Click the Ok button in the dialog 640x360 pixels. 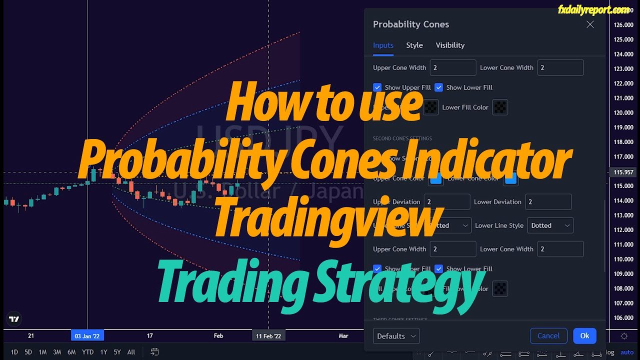tap(584, 336)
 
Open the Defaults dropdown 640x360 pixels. tap(396, 336)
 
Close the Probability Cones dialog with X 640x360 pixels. tap(590, 24)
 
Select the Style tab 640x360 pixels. tap(414, 45)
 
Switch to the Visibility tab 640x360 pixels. tap(450, 45)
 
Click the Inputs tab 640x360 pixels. tap(383, 45)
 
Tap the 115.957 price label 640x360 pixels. tap(623, 172)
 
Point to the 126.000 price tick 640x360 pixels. tap(623, 25)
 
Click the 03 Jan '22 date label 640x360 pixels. tap(87, 336)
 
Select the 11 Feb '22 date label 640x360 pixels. tap(268, 336)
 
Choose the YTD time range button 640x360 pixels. tap(88, 352)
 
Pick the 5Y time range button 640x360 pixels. tap(117, 352)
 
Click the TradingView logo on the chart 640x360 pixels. tap(14, 319)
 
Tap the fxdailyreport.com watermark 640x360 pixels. tap(593, 9)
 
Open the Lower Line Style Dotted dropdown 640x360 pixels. tap(550, 225)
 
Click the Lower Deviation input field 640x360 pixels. tap(548, 202)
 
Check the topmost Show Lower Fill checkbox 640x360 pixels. tap(439, 87)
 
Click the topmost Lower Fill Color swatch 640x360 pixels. tap(500, 107)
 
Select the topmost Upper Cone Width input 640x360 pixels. tap(452, 67)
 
